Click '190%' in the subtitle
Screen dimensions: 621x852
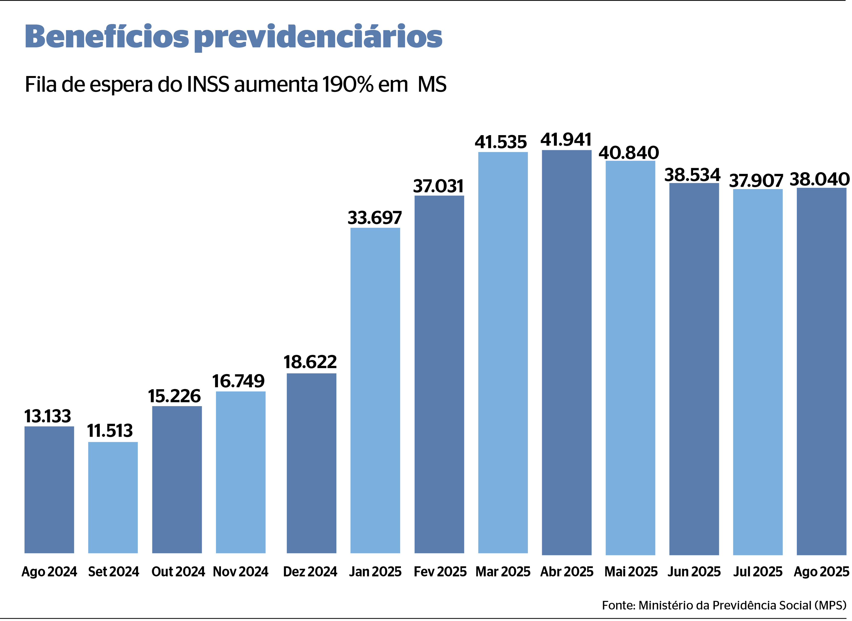[x=348, y=84]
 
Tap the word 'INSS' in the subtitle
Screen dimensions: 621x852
[x=208, y=84]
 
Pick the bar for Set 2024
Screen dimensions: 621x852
[x=113, y=497]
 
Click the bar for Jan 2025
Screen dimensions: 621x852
[x=375, y=390]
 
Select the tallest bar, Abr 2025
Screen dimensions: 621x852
[x=567, y=352]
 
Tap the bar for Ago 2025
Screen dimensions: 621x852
[x=821, y=371]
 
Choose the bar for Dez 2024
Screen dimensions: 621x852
[x=311, y=463]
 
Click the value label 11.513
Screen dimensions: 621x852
[x=110, y=431]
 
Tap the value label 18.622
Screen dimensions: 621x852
[x=310, y=362]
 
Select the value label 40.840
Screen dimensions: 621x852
[x=629, y=153]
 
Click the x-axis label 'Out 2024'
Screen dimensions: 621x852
[x=178, y=572]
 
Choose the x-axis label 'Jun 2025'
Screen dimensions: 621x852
[x=694, y=572]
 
